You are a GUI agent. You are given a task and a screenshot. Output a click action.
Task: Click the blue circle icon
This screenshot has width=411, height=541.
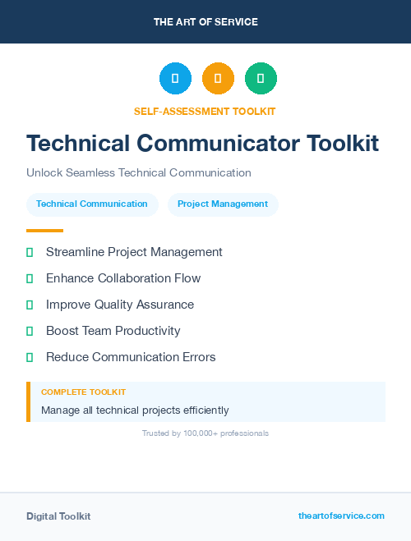(x=175, y=79)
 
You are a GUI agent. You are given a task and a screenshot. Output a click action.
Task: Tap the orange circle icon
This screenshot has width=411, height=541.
(x=218, y=79)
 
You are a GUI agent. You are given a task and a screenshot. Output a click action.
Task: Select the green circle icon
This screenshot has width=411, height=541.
(x=261, y=79)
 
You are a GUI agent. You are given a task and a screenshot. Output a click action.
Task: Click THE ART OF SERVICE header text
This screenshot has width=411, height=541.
(x=205, y=22)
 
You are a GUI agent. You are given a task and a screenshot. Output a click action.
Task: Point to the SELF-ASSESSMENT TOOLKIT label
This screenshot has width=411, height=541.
(x=205, y=111)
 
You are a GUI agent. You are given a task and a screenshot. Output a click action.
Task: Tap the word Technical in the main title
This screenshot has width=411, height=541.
(x=78, y=143)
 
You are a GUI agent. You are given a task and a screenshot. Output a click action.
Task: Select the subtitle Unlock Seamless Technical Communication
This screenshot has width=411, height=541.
(x=139, y=172)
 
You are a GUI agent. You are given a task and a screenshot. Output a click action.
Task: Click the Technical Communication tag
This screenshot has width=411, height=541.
(x=92, y=204)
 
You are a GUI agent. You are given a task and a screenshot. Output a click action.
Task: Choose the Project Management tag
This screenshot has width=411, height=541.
(x=223, y=204)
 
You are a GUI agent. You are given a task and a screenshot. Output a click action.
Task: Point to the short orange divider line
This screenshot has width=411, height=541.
(x=44, y=231)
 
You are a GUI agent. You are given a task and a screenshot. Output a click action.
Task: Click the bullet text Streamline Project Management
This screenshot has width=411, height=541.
(x=134, y=252)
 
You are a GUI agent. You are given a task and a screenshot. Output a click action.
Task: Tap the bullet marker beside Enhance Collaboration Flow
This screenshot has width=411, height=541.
(x=30, y=278)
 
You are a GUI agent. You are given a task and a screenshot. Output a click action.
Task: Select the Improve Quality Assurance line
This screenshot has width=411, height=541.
(x=120, y=305)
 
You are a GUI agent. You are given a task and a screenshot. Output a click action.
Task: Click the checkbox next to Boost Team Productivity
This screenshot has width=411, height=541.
(x=30, y=331)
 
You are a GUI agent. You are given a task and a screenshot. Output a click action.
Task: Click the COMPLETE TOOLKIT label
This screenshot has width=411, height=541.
(x=83, y=392)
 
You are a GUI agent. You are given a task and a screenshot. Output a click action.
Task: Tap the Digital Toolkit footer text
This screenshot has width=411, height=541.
(x=58, y=516)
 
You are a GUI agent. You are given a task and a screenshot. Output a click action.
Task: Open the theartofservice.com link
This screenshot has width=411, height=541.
(x=341, y=516)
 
